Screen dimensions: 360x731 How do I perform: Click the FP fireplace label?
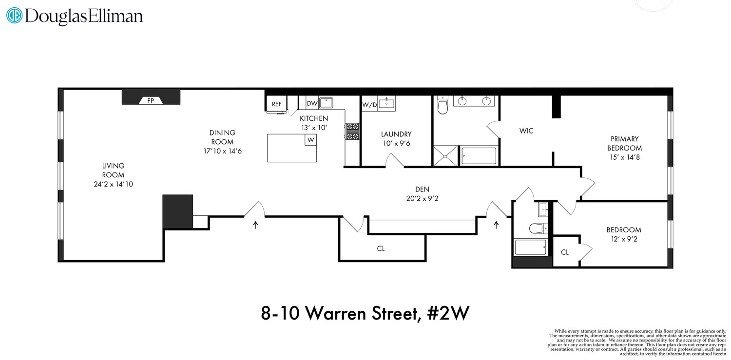pos(151,101)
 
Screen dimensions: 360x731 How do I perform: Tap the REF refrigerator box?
pos(276,104)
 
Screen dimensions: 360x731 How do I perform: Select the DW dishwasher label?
pos(312,103)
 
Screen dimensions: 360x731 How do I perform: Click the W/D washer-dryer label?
pos(369,104)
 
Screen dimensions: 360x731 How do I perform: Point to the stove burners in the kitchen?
pos(352,131)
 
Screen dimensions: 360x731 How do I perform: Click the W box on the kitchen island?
pos(310,140)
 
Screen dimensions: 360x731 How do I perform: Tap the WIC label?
pos(526,131)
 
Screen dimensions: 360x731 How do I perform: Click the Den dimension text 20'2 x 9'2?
pos(422,199)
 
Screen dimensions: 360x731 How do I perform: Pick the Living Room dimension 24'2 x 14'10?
pos(113,184)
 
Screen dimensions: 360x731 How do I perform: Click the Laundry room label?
pos(396,134)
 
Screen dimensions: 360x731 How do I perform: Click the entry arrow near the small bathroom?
pos(497,225)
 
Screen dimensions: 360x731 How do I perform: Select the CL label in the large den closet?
pos(381,248)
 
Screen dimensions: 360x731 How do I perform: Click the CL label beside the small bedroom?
pos(564,252)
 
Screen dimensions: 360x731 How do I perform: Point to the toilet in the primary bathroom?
pos(442,106)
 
